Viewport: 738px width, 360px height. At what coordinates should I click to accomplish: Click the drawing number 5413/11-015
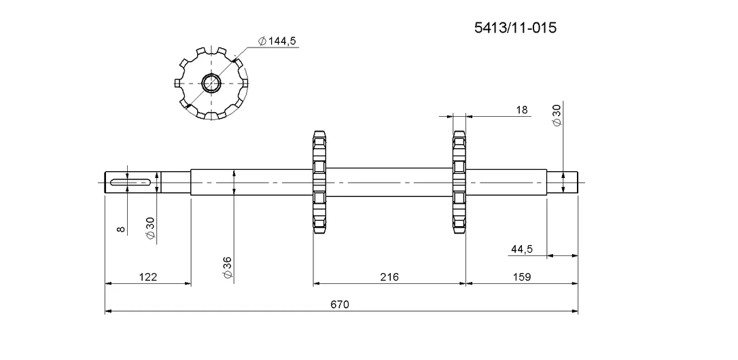(x=515, y=28)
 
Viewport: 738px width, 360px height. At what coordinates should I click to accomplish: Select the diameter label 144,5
(x=277, y=41)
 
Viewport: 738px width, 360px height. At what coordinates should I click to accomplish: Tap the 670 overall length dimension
(x=339, y=304)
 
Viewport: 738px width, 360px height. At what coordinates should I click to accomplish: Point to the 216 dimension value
(x=389, y=276)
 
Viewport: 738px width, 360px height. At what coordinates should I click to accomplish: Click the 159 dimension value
(x=521, y=276)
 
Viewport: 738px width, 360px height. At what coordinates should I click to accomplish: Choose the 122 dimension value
(x=147, y=276)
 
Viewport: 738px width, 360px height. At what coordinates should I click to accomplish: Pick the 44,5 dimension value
(x=521, y=249)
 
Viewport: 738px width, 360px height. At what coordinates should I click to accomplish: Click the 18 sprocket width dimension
(x=522, y=110)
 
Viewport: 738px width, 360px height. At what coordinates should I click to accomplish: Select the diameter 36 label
(x=228, y=268)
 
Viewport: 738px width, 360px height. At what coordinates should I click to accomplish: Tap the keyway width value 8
(x=121, y=229)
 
